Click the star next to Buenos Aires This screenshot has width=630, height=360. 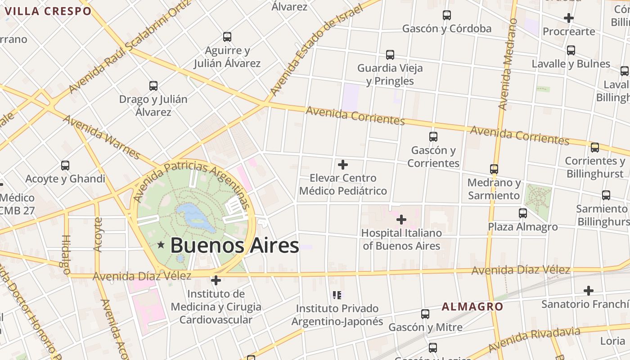(161, 245)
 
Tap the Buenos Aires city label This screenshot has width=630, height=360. (234, 246)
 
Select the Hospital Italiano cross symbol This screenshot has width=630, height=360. (401, 220)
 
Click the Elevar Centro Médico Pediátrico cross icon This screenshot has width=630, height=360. (343, 164)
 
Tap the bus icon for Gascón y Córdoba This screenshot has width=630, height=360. (446, 15)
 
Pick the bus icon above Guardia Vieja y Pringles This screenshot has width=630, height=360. (390, 55)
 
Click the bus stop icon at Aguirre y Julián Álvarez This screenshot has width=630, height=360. (227, 37)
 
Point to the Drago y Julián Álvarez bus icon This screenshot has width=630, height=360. (153, 86)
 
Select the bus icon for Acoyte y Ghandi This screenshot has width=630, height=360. (65, 166)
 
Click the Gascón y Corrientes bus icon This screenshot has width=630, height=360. (433, 137)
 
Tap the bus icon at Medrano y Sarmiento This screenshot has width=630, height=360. (494, 169)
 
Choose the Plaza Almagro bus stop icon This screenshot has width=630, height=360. (522, 213)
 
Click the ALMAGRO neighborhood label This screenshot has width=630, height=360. (472, 307)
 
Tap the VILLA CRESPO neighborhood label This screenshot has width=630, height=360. (48, 11)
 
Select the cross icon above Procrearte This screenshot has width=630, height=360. (569, 18)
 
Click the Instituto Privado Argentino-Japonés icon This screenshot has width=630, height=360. (337, 295)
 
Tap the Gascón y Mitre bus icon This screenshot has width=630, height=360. (425, 314)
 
